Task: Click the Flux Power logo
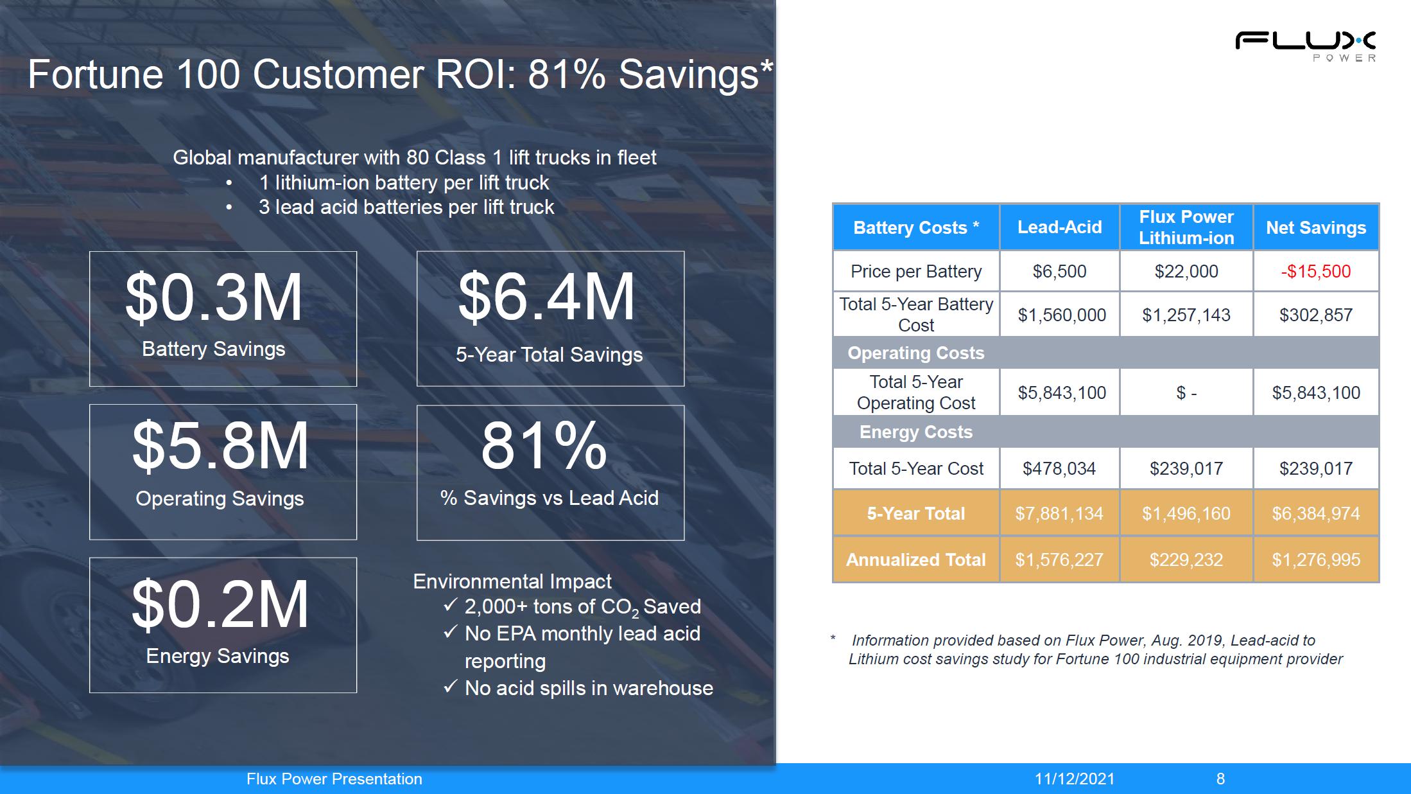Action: pos(1305,46)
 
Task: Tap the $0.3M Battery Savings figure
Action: pos(214,297)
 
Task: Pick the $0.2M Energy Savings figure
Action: pos(220,604)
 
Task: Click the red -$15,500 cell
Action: pos(1316,271)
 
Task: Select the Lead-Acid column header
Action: pos(1059,227)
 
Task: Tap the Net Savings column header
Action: pos(1316,227)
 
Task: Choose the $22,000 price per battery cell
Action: pos(1186,271)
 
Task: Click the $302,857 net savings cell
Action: pos(1316,315)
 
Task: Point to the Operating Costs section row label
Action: pos(916,353)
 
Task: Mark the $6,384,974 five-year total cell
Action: pos(1316,513)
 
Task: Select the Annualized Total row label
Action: pos(916,560)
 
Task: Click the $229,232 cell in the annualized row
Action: pos(1186,560)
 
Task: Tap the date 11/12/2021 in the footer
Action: pos(1075,779)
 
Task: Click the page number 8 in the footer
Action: pos(1220,779)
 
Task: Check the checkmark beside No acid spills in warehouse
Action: pos(451,687)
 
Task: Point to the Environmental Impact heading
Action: pos(512,581)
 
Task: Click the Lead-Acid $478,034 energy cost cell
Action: pos(1059,468)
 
